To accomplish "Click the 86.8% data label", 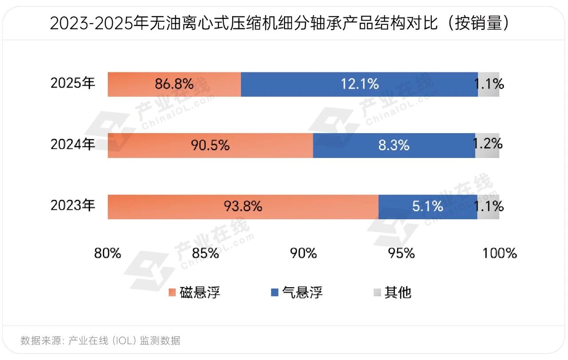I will pos(174,84).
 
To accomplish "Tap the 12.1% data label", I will pos(359,84).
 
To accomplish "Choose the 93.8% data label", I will pos(243,206).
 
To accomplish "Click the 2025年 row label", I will pos(73,83).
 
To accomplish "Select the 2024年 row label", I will pos(73,144).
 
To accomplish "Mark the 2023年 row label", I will pos(73,206).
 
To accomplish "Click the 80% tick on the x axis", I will pos(107,253).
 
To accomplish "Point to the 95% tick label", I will pos(402,253).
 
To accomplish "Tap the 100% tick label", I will pos(500,253).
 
